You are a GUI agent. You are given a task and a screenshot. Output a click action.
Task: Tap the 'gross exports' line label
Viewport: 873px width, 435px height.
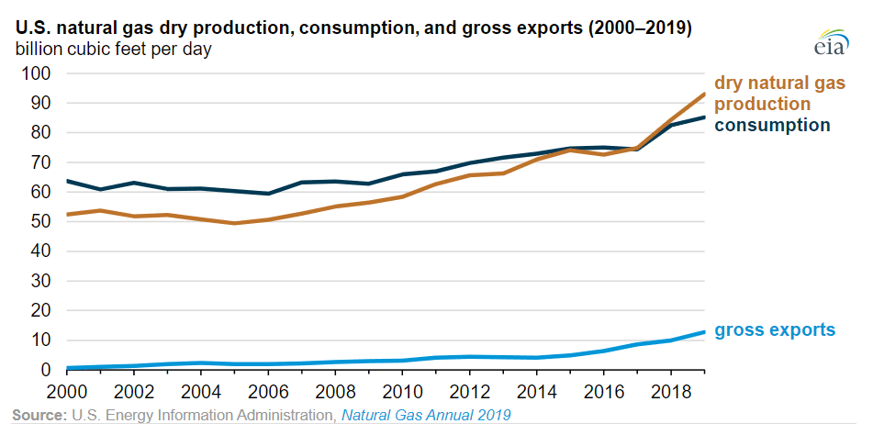click(775, 329)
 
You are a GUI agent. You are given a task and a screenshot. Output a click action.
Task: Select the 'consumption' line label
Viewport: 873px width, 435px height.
click(772, 125)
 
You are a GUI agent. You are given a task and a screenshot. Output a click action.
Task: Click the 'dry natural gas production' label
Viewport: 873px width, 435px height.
click(778, 93)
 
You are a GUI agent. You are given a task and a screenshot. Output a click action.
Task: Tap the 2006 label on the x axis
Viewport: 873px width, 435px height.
click(268, 389)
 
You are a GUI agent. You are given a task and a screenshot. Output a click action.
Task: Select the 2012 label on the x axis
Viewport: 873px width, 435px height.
click(468, 389)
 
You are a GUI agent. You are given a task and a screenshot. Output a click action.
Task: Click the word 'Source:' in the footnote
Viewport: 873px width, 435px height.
click(39, 416)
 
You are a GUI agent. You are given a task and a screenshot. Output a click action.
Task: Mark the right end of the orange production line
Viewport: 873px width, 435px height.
click(704, 94)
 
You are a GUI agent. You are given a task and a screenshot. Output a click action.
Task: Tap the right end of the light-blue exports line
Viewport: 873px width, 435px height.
click(704, 332)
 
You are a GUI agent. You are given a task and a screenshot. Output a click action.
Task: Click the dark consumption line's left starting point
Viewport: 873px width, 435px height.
click(68, 181)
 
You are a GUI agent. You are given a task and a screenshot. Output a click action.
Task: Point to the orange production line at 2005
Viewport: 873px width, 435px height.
click(234, 223)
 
